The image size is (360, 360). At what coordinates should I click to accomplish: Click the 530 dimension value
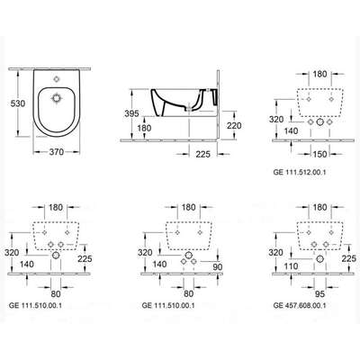pos(18,103)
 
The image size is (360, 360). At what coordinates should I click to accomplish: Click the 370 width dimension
pos(57,152)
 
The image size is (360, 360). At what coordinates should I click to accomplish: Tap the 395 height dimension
pos(131,113)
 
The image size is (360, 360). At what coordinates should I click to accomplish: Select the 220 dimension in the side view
pos(234,125)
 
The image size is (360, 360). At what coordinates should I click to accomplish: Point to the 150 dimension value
pos(319,154)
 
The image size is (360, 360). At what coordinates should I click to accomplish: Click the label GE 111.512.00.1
pos(300,172)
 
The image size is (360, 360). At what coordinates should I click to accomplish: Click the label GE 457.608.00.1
pos(300,305)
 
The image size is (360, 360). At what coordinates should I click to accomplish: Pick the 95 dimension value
pos(319,293)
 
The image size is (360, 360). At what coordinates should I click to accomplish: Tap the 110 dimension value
pos(291,266)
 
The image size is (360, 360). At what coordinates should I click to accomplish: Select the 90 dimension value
pos(218,266)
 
